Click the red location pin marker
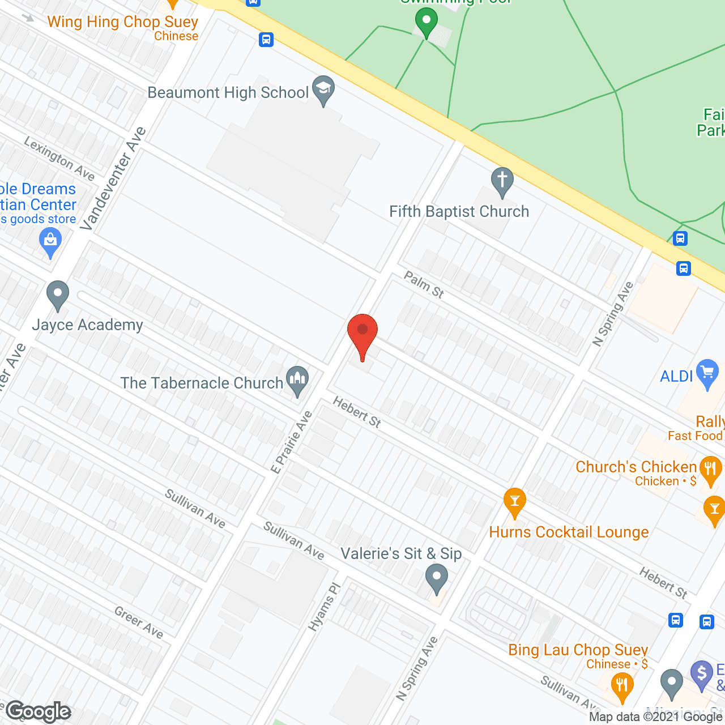(x=362, y=332)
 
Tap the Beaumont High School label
(x=228, y=93)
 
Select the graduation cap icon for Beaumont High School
(x=323, y=89)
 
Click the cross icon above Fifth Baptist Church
(x=502, y=181)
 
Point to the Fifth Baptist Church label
(x=459, y=212)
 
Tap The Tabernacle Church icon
(x=297, y=380)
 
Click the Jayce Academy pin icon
(x=57, y=295)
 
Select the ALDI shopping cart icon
(x=707, y=373)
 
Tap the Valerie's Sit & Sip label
(x=401, y=553)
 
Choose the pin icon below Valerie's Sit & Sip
(x=436, y=579)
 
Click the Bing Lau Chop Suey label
(x=578, y=650)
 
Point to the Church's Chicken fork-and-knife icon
(x=710, y=470)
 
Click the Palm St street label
(x=424, y=284)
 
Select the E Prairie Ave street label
(x=292, y=442)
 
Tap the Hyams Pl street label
(x=323, y=607)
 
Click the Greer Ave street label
(x=139, y=622)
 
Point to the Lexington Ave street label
(x=59, y=159)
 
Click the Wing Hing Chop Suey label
(x=122, y=22)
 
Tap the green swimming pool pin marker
(x=426, y=22)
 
